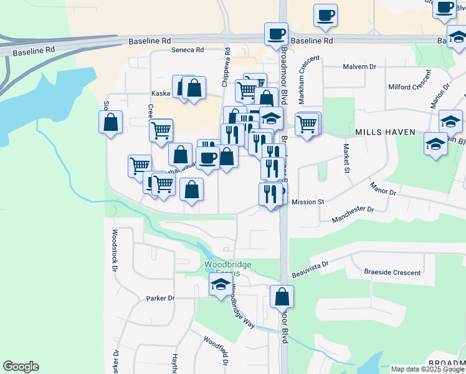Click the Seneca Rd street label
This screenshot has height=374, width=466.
[188, 50]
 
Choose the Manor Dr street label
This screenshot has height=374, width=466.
[383, 188]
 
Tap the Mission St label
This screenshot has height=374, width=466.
[308, 202]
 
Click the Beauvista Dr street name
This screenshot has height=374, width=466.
[309, 268]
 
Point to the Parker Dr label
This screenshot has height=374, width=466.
[161, 298]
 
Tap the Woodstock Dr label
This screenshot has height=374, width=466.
[115, 252]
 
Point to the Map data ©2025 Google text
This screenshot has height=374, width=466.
[427, 369]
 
